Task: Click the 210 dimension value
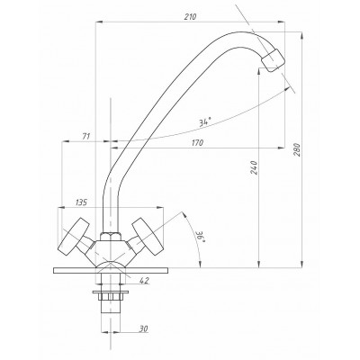(190, 17)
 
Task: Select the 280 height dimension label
(297, 149)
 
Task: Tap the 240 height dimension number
(254, 167)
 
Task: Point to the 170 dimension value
(197, 143)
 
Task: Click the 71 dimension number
(86, 137)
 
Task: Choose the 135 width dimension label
(81, 202)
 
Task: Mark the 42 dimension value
(144, 281)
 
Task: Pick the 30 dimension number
(143, 328)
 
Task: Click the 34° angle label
(204, 122)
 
